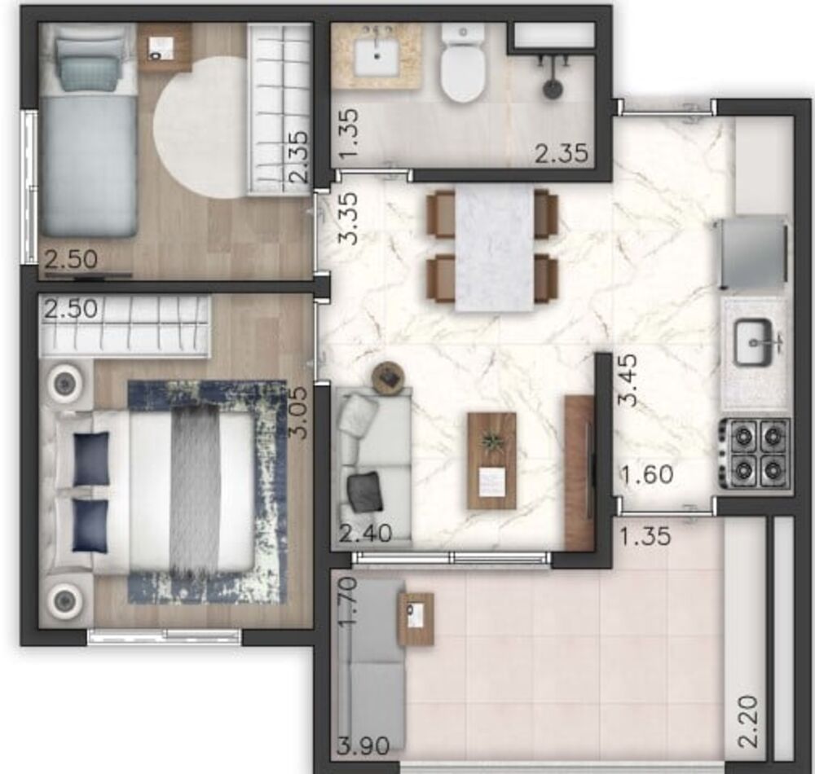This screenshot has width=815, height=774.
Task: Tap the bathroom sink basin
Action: pos(377,56)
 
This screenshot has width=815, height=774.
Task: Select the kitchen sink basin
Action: pos(754,342)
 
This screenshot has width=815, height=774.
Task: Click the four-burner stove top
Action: pos(755,453)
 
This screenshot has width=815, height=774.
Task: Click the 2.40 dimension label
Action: pos(365,534)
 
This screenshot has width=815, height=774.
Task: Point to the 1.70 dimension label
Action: pos(348,601)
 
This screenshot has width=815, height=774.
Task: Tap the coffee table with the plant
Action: pos(491,460)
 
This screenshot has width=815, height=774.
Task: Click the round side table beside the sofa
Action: pos(389,377)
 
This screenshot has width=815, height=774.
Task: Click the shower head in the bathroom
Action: pos(553,86)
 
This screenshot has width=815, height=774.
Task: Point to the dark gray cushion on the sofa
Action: pos(364,492)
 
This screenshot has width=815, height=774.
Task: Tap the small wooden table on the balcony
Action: pos(416,619)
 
